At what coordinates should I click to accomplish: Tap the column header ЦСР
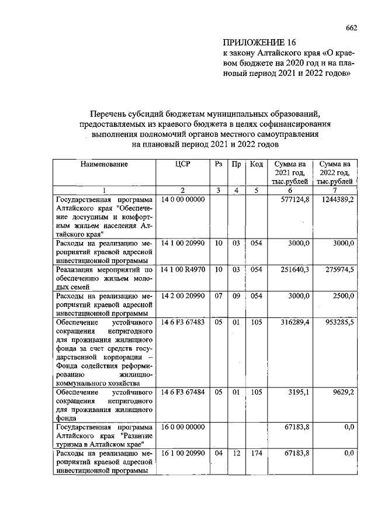pos(183,165)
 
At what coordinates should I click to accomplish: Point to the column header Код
pos(255,165)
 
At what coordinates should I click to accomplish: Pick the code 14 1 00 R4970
pos(183,269)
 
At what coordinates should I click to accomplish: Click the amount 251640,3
pos(293,269)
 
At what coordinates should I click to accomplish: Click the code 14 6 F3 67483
pos(183,323)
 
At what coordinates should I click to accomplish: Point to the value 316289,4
pos(293,323)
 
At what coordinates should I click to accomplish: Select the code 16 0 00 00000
pos(182,428)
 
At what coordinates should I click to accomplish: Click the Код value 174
pos(255,454)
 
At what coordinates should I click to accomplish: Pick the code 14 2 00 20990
pos(183,296)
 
